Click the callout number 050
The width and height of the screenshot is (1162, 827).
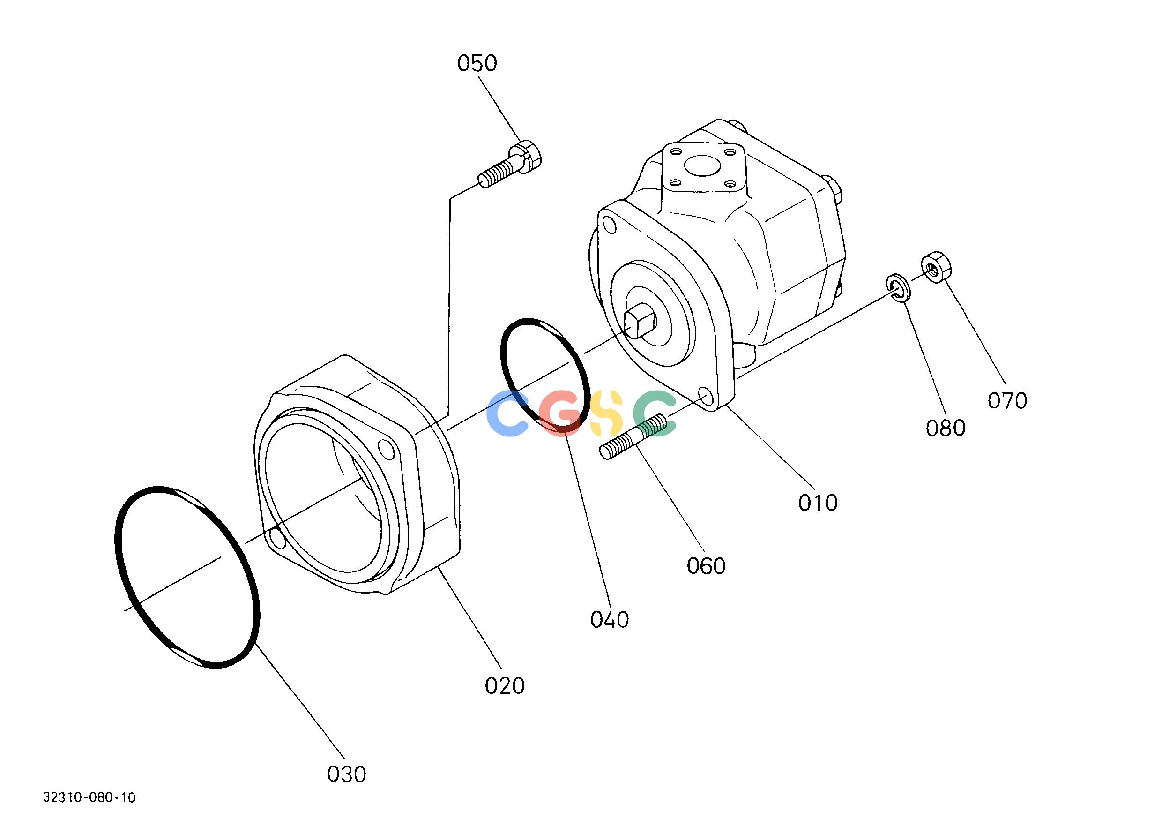pos(477,64)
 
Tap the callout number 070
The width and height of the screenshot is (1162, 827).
pos(1007,401)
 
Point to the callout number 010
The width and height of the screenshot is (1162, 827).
pos(818,503)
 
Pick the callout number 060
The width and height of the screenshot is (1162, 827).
pos(706,566)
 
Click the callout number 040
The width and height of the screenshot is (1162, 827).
pos(609,620)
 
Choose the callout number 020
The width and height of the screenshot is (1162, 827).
pos(505,686)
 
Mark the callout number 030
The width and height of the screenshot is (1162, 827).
pos(346,774)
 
